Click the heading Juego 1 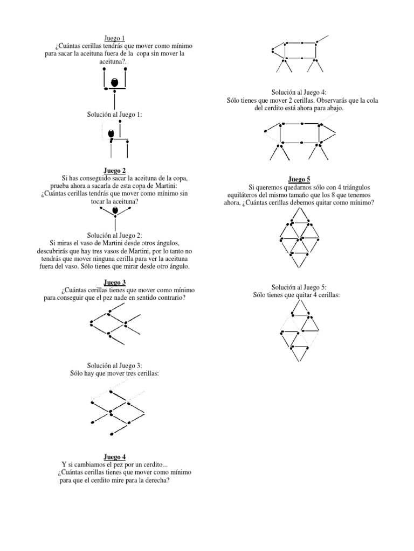coord(114,38)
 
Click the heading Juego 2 coord(114,171)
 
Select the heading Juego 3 coord(114,282)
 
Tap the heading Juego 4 coord(114,457)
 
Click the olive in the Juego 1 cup coord(114,83)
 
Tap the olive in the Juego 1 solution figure coord(111,133)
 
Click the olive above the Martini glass coord(114,210)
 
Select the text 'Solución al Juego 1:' coord(114,115)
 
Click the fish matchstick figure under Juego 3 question coord(114,323)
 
